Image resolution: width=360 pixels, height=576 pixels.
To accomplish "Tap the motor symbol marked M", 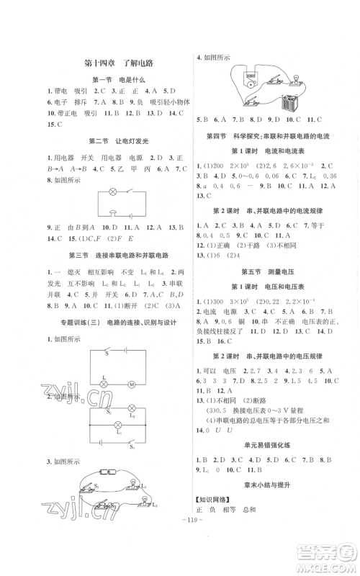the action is [x=132, y=385].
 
